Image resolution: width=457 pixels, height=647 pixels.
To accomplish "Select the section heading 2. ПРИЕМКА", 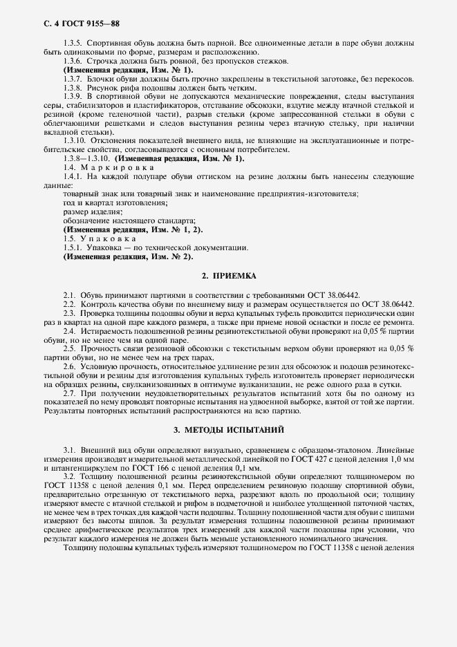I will coord(228,276).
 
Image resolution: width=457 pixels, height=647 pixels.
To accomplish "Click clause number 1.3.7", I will coord(73,79).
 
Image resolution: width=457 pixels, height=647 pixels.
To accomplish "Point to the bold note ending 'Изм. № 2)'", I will coord(128,256).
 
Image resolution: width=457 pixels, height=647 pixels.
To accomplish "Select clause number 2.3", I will coord(69,312).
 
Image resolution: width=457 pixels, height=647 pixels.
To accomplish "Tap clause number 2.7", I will coord(69,393).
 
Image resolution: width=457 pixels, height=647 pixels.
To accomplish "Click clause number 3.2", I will coord(69,476).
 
